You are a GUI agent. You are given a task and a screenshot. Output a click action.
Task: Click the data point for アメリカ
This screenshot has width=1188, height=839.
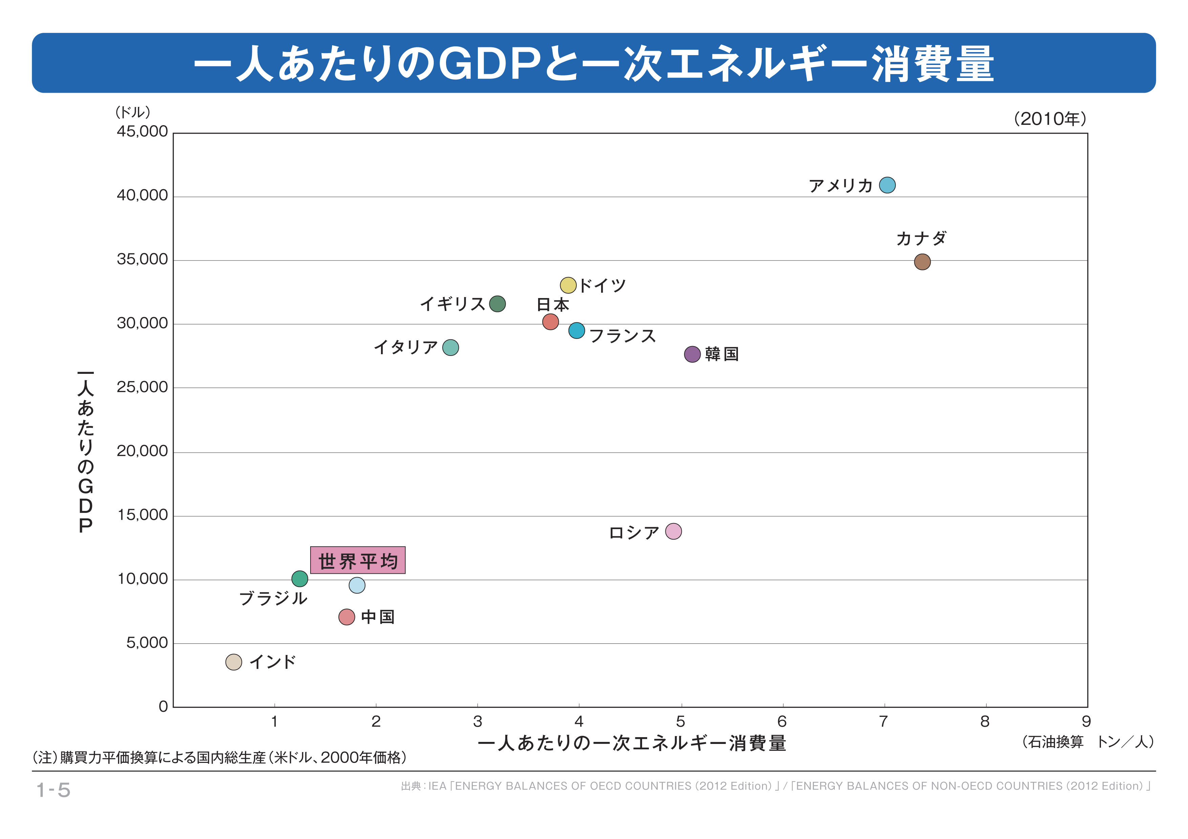(887, 185)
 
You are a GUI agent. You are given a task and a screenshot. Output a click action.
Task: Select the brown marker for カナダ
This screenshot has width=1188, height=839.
(922, 262)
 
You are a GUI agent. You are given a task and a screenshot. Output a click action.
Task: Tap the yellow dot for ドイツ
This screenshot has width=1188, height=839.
(568, 285)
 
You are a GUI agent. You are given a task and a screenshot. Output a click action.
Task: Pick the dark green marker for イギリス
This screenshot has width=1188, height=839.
(497, 304)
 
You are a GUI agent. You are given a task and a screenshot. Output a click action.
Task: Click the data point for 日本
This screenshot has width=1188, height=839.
(551, 322)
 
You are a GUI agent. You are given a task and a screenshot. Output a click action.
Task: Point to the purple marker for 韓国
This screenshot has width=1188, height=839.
(692, 354)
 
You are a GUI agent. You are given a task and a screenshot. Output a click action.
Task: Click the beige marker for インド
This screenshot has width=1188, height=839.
(234, 662)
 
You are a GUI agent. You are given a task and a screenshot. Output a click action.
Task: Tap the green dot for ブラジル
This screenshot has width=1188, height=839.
(300, 579)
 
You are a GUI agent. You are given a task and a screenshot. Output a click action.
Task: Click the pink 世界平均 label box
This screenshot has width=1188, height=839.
(358, 560)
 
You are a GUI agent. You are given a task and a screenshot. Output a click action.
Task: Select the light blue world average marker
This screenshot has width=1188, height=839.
(357, 585)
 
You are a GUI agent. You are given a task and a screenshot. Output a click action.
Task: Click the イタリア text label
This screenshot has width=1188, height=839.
(406, 347)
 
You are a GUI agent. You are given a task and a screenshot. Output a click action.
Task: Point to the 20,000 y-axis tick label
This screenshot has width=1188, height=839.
(142, 451)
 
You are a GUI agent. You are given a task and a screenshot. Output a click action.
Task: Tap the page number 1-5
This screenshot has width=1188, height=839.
(53, 790)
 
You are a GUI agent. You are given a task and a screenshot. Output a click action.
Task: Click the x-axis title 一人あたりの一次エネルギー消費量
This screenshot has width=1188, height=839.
(632, 743)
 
